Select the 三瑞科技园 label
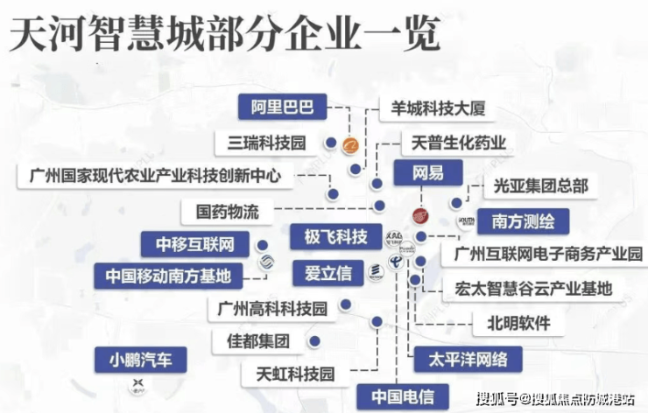[266, 142]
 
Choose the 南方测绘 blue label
[523, 220]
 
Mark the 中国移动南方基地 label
[168, 276]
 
